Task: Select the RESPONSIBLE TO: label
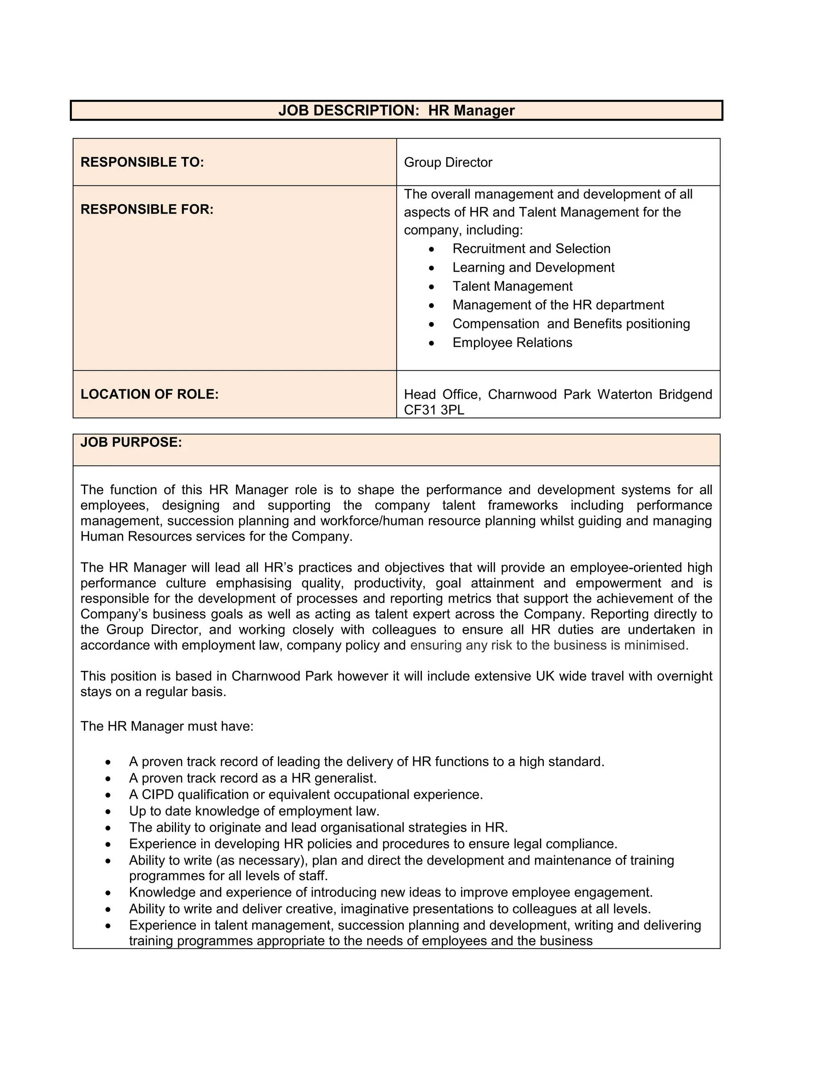142,162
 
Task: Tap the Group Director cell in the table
448,162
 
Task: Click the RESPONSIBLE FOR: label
147,209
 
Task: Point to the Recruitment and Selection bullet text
531,248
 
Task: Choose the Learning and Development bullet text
533,267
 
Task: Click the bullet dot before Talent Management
431,287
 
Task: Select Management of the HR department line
558,305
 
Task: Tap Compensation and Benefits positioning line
571,324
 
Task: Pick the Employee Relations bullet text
512,342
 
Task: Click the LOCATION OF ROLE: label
149,394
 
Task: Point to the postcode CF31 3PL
434,410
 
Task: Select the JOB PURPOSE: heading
131,443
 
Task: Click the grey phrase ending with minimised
549,645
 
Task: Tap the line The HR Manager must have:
167,726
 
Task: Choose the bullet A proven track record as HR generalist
252,778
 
